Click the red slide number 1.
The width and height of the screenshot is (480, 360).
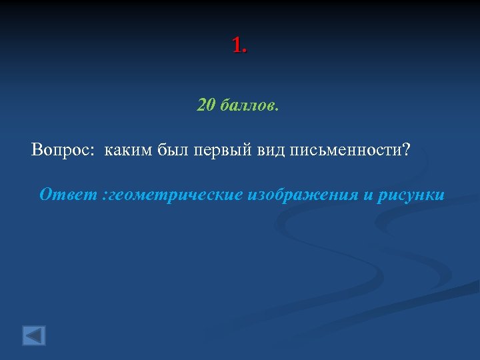(x=237, y=45)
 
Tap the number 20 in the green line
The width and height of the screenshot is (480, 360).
(x=206, y=105)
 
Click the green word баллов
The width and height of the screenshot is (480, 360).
(x=249, y=105)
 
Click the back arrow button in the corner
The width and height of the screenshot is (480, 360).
(x=34, y=335)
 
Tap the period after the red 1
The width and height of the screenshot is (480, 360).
(x=245, y=52)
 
